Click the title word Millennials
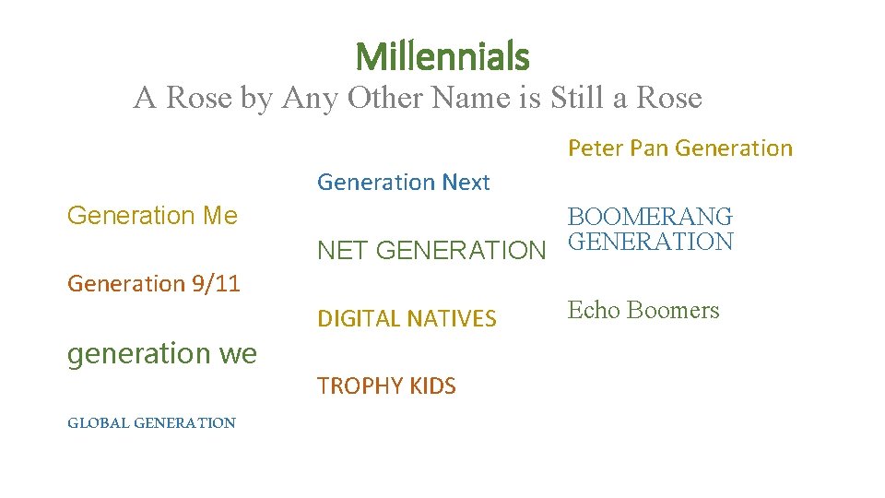tap(442, 57)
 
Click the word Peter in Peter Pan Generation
tap(596, 148)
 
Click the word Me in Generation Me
tap(219, 216)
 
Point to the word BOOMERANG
tap(650, 217)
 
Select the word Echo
tap(590, 310)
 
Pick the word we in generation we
tap(238, 353)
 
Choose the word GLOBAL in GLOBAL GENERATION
tap(98, 423)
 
